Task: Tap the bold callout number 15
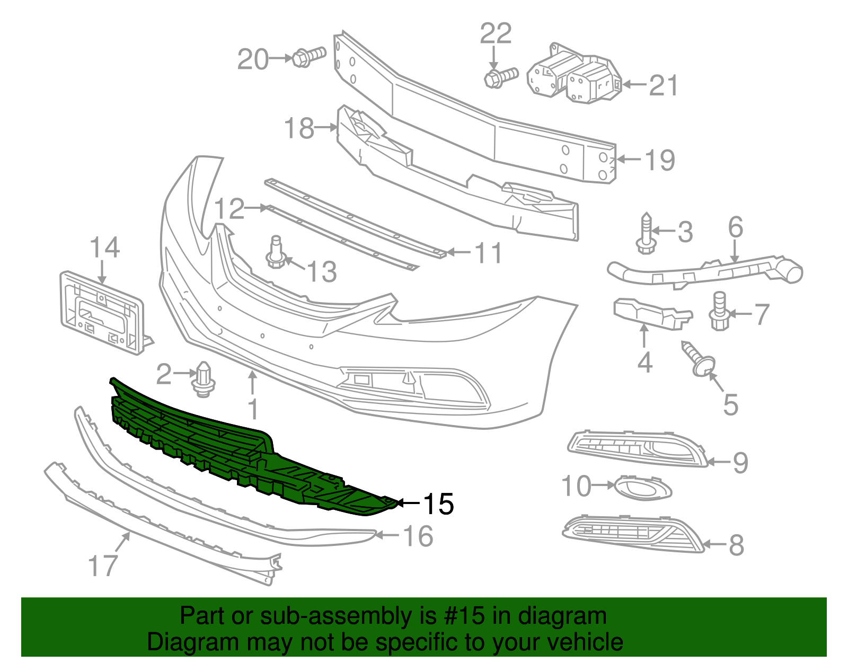tap(438, 504)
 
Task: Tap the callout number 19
tap(660, 160)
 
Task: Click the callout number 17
tap(102, 566)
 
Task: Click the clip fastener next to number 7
tap(719, 313)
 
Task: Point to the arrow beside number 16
tap(387, 535)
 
